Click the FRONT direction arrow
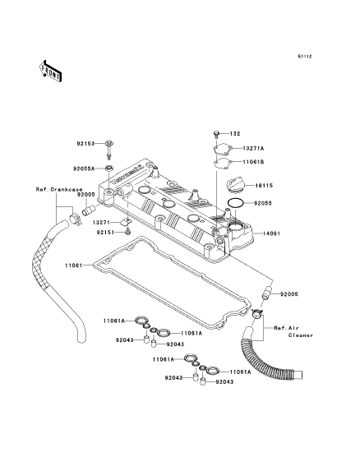click(x=51, y=71)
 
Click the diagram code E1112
click(x=305, y=56)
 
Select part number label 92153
click(x=85, y=144)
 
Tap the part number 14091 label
click(x=271, y=233)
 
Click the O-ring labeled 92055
click(x=236, y=203)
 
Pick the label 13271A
click(x=253, y=149)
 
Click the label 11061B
click(x=253, y=162)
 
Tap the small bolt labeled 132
click(x=216, y=133)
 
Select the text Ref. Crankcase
click(x=59, y=190)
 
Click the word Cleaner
click(x=301, y=335)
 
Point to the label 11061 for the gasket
click(x=73, y=266)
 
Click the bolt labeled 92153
click(x=109, y=150)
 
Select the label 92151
click(x=106, y=232)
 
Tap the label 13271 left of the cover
click(x=101, y=223)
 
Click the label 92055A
click(x=84, y=169)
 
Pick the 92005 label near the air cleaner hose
click(x=289, y=294)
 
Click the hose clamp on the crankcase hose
click(x=75, y=219)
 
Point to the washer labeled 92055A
click(x=109, y=168)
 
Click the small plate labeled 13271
click(x=126, y=222)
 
